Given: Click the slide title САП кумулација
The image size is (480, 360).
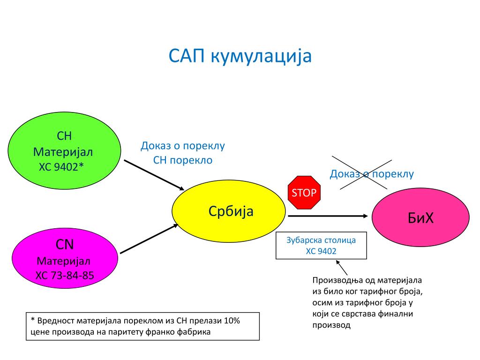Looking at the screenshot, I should click(240, 56).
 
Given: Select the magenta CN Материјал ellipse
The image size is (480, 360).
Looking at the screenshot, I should click(64, 259).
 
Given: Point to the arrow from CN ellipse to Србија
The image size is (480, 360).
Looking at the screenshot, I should click(149, 239).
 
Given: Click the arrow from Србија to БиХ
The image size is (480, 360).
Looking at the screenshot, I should click(327, 216).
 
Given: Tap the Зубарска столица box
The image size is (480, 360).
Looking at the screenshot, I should click(321, 246).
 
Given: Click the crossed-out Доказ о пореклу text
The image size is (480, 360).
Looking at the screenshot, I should click(372, 174).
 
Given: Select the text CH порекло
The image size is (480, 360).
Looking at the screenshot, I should click(183, 160).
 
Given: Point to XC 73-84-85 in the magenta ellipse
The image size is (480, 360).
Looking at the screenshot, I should click(65, 275).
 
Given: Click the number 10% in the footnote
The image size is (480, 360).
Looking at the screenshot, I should click(232, 321).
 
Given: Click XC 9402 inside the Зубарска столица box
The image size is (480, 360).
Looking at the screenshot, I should click(321, 251).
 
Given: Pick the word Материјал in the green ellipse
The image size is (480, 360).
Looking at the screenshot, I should click(63, 152).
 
